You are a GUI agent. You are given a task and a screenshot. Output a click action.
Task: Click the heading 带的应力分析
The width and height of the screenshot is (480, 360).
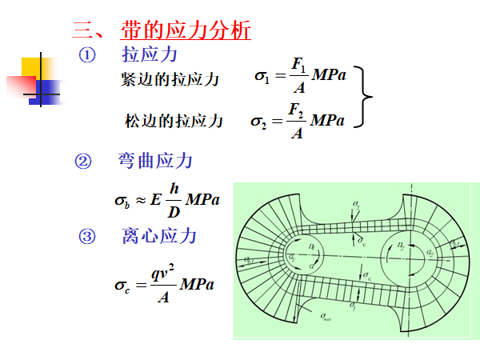point(186,31)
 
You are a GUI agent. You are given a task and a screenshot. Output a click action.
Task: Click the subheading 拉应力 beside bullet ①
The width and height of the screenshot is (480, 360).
point(150,55)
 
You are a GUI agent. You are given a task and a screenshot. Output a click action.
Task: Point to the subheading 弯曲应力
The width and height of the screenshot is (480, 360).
point(155,161)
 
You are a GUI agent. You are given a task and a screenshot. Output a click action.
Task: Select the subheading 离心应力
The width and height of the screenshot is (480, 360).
point(159,236)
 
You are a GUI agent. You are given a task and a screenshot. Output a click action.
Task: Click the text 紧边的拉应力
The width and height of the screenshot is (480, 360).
point(170,79)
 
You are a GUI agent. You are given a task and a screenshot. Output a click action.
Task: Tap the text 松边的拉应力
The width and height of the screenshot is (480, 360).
point(174,122)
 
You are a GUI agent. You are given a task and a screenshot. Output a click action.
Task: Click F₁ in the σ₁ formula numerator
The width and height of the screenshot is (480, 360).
point(299,65)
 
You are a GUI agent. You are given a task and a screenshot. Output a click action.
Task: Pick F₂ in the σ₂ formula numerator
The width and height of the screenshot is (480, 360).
point(297,107)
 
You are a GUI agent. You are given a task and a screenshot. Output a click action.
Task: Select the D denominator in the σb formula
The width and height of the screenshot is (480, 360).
point(174,212)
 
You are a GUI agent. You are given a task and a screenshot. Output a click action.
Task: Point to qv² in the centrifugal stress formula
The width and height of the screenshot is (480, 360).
point(164,271)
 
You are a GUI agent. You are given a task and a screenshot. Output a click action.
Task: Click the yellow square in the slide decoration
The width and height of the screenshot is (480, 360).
point(35,71)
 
